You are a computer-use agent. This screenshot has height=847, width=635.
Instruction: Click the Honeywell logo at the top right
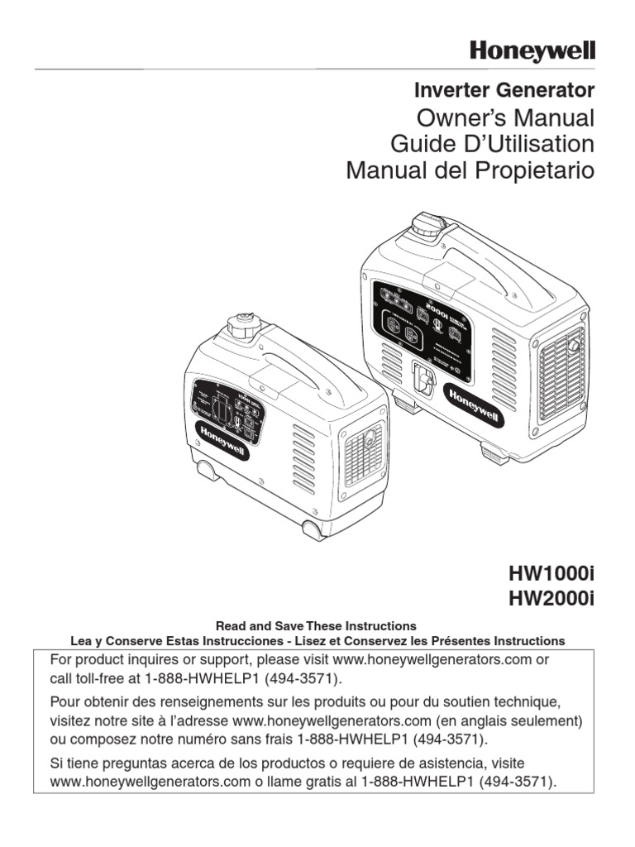coord(532,51)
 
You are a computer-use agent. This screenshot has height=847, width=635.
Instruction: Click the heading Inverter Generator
coord(504,89)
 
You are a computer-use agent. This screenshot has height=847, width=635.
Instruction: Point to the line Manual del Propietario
coord(470,171)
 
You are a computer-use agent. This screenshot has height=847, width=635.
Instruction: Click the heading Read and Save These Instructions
coord(316,625)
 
